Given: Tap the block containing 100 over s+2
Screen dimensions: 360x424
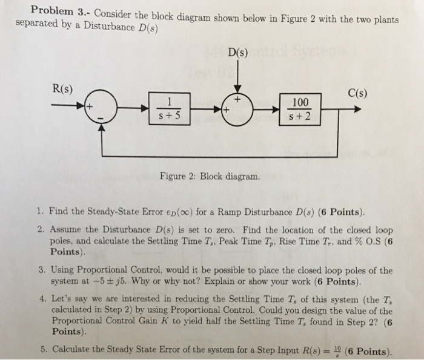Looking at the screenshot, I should click(x=300, y=109).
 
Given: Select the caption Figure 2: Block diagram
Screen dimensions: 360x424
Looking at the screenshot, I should click(x=210, y=177).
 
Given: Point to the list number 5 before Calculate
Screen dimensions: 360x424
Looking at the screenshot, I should click(x=39, y=350).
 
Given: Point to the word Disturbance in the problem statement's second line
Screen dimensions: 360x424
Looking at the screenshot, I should click(x=95, y=25).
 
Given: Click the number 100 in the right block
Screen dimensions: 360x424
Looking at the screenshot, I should click(x=300, y=102).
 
